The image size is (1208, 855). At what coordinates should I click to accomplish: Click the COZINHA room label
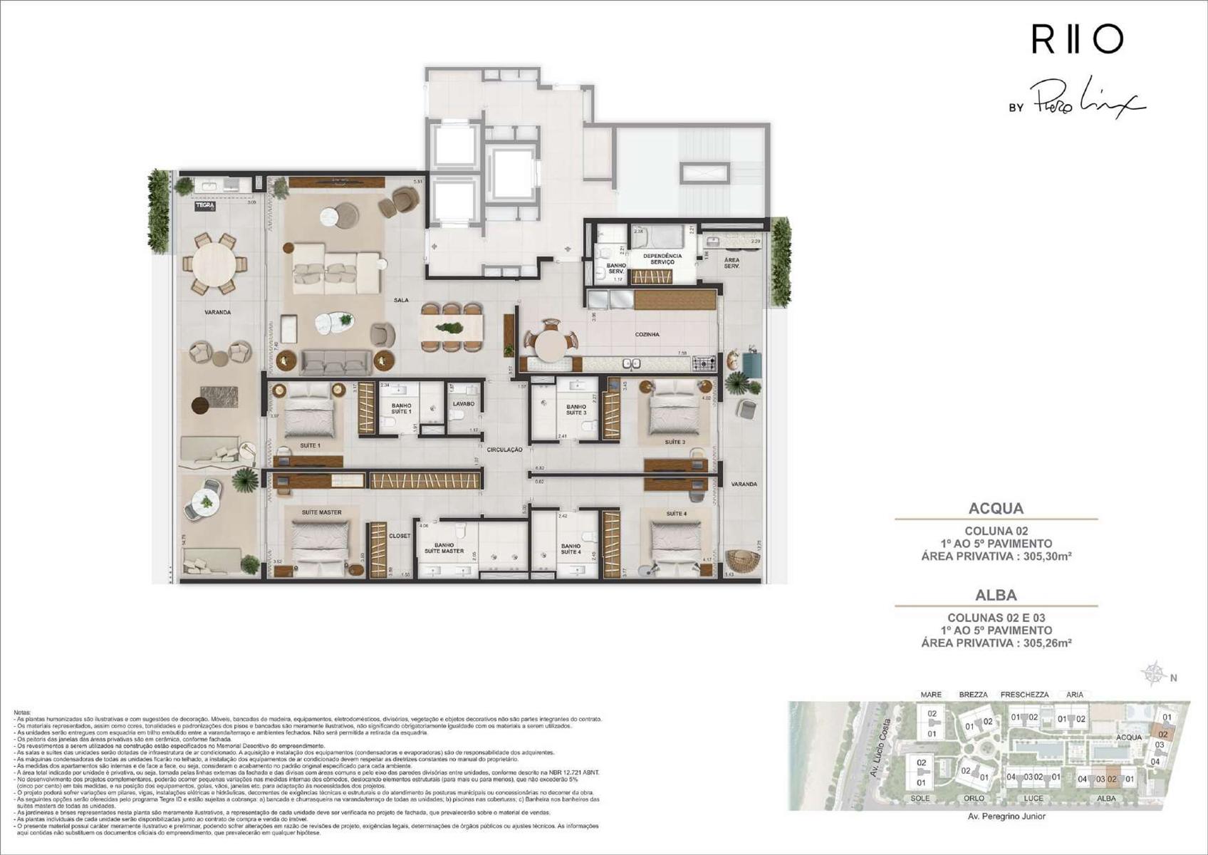[x=647, y=334]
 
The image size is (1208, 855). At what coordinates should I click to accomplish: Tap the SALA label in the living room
[x=401, y=300]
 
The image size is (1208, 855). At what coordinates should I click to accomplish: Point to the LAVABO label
[x=463, y=404]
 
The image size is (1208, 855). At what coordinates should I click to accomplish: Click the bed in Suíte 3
[x=674, y=411]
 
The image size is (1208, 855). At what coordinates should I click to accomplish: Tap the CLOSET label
[x=400, y=536]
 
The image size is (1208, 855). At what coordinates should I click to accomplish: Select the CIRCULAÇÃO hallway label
[x=504, y=450]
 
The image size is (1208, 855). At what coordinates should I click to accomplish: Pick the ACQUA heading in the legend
[x=996, y=508]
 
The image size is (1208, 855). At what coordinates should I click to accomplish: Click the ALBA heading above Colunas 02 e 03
[x=996, y=595]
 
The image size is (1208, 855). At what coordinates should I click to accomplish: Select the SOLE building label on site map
[x=920, y=798]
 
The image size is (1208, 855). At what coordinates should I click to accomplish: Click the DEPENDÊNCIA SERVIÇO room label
[x=662, y=259]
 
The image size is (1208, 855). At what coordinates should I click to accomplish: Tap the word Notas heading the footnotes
[x=23, y=712]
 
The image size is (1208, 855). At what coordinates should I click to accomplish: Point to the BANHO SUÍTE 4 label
[x=571, y=549]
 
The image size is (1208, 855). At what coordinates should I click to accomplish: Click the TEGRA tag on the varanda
[x=204, y=206]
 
